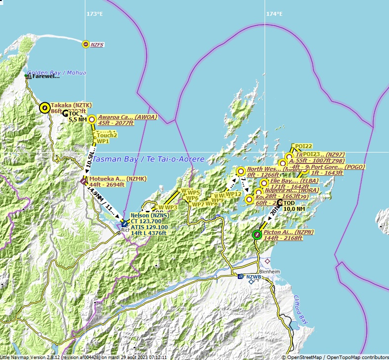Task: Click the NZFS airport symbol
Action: [86, 44]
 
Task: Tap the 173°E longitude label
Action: [94, 14]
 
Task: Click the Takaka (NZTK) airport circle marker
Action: [44, 107]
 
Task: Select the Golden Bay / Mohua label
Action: [56, 73]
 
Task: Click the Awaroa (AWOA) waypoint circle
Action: [91, 119]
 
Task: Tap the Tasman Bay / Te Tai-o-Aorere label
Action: [148, 160]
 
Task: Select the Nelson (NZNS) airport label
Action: [149, 216]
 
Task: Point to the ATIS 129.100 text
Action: [149, 227]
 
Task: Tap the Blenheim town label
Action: [271, 271]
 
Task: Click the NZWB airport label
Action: [253, 277]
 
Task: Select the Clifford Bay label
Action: [300, 310]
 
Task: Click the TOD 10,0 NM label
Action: [294, 206]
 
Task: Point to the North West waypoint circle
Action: [241, 172]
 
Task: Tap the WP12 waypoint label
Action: [233, 194]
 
